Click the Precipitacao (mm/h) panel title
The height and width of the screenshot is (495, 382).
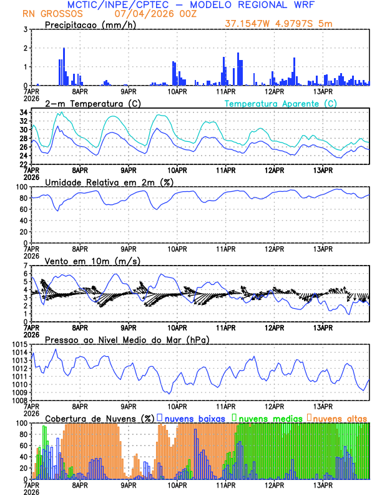coord(87,24)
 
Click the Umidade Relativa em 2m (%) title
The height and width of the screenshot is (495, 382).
coord(108,182)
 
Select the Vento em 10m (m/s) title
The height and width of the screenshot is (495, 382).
coord(92,261)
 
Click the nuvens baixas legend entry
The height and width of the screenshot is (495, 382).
coord(194,418)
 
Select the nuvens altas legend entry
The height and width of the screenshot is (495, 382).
coord(340,418)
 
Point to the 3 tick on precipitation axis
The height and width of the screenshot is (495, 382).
coord(24,29)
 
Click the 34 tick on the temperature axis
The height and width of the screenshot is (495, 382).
coord(22,112)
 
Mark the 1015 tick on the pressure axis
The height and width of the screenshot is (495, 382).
coord(19,345)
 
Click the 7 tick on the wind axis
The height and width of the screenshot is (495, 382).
coord(24,266)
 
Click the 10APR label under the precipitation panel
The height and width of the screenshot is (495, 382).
coord(177,91)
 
